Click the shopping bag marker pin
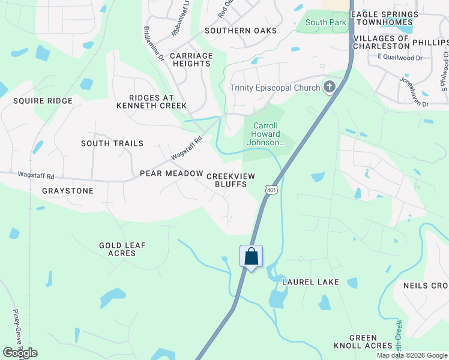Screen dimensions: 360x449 (x=252, y=257)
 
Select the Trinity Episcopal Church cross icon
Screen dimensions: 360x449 (x=329, y=88)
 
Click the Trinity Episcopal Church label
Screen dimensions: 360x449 (x=276, y=88)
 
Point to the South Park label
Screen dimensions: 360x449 (x=326, y=23)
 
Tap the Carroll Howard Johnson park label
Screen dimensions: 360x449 (x=264, y=134)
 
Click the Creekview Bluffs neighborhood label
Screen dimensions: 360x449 (x=231, y=180)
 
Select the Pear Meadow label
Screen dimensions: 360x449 (x=172, y=173)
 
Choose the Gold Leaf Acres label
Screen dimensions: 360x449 (x=122, y=250)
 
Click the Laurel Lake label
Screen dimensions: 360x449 (x=311, y=282)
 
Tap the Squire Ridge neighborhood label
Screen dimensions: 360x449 (x=43, y=101)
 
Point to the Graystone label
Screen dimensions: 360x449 (x=68, y=191)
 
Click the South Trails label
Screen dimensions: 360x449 (x=112, y=143)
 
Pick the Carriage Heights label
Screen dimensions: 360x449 (x=191, y=59)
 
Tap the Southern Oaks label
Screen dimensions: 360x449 (x=241, y=31)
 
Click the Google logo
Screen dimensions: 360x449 (x=20, y=353)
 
